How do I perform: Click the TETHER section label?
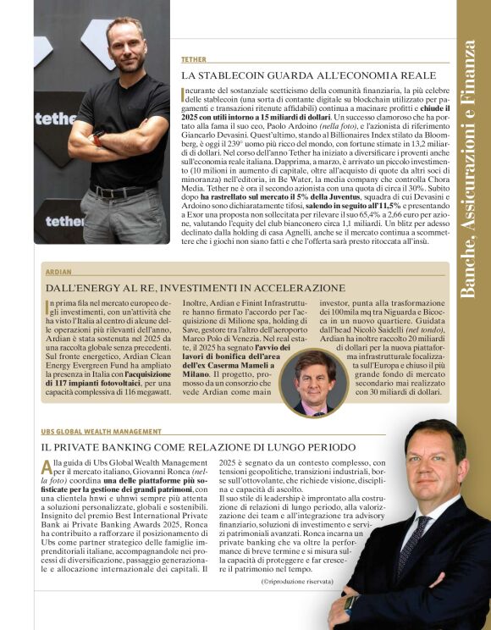click(x=194, y=60)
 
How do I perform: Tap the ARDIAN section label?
click(x=57, y=273)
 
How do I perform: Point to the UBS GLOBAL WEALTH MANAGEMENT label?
click(x=102, y=432)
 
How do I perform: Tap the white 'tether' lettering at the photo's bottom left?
click(x=64, y=222)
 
